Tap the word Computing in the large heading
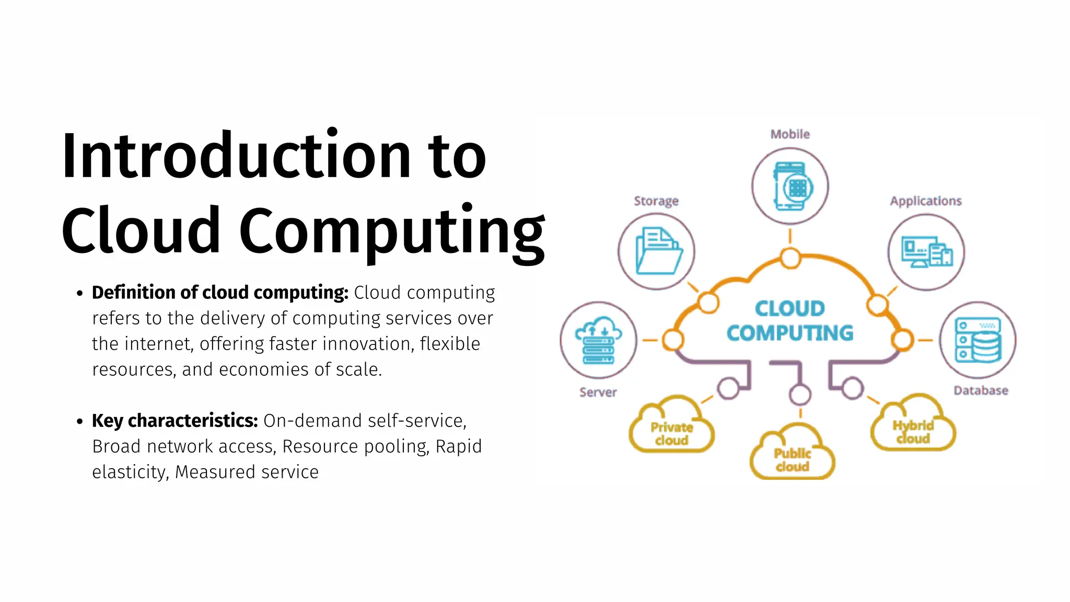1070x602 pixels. (x=392, y=231)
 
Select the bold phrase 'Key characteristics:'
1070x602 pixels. (x=175, y=421)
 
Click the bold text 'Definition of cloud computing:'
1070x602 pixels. (x=220, y=293)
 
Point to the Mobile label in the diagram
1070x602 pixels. (x=790, y=134)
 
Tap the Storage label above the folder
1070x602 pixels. (x=656, y=201)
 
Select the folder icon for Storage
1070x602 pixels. (x=657, y=251)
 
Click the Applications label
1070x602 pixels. (x=926, y=201)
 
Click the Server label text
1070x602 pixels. (x=598, y=392)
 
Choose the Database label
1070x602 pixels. (x=981, y=391)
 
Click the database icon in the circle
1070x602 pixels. (x=978, y=340)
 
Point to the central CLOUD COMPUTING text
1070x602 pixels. (x=790, y=321)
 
